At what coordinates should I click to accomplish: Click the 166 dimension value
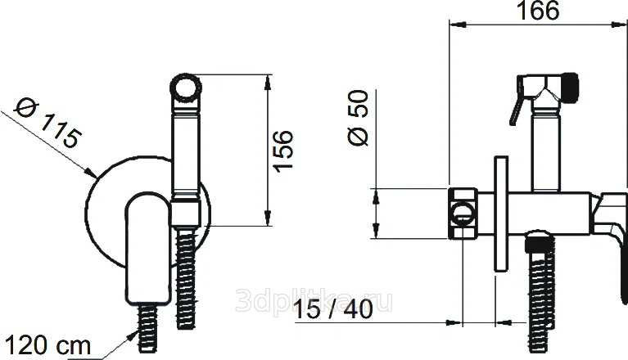(x=538, y=11)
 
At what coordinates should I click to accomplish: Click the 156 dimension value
(x=282, y=151)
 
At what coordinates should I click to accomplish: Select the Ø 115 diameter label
(x=47, y=124)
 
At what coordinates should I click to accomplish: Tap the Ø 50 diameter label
(x=358, y=118)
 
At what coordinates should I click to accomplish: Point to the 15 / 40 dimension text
(x=333, y=309)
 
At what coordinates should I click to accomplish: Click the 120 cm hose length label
(x=47, y=345)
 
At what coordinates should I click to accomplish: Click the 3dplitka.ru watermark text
(x=314, y=301)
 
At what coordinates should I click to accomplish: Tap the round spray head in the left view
(x=185, y=87)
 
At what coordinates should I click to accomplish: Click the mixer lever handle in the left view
(x=148, y=249)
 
